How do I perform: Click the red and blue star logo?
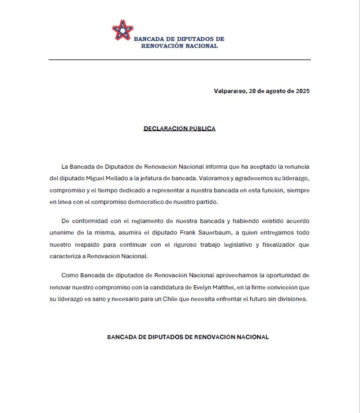pyautogui.click(x=122, y=30)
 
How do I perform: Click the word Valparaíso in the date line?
pyautogui.click(x=229, y=91)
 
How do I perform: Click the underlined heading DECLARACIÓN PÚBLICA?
pyautogui.click(x=180, y=128)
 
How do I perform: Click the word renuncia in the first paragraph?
pyautogui.click(x=296, y=166)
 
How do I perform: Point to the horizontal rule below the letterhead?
pyautogui.click(x=180, y=59)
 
